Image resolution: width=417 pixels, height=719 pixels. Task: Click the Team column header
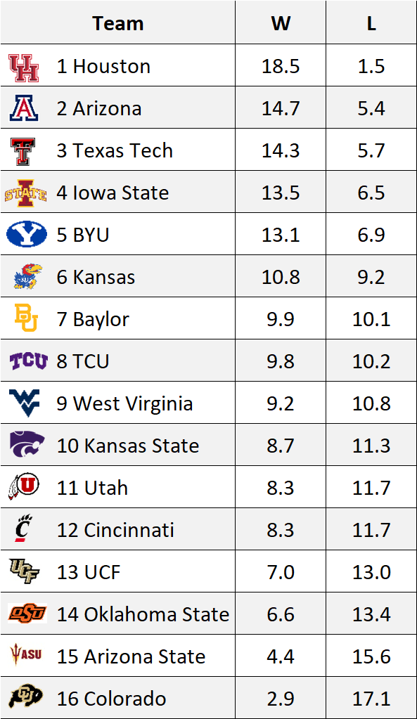[x=117, y=23]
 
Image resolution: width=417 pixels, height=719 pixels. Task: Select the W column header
[x=281, y=23]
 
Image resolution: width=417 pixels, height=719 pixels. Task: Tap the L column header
[x=371, y=23]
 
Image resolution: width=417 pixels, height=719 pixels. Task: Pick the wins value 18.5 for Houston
[x=281, y=66]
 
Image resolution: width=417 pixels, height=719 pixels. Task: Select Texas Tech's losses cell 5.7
[x=371, y=150]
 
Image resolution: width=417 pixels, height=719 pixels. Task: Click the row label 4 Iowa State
[x=113, y=193]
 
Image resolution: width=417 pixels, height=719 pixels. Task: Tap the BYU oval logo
[x=26, y=235]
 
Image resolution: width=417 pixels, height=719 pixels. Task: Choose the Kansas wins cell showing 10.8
[x=281, y=277]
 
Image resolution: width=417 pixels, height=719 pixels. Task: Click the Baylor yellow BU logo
[x=26, y=319]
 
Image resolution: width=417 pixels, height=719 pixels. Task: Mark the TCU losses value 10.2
[x=371, y=361]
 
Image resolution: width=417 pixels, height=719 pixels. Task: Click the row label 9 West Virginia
[x=124, y=403]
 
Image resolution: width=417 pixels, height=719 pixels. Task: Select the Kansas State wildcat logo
[x=27, y=445]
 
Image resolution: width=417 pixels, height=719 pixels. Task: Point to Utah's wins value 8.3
[x=281, y=488]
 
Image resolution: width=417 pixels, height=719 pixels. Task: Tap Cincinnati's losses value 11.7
[x=371, y=530]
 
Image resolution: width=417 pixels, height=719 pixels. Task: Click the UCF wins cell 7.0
[x=281, y=572]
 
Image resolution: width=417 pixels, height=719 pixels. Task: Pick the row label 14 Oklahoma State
[x=143, y=614]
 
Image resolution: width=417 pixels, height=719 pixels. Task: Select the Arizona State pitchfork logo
[x=25, y=656]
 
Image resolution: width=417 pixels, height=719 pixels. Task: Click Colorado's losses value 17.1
[x=371, y=699]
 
